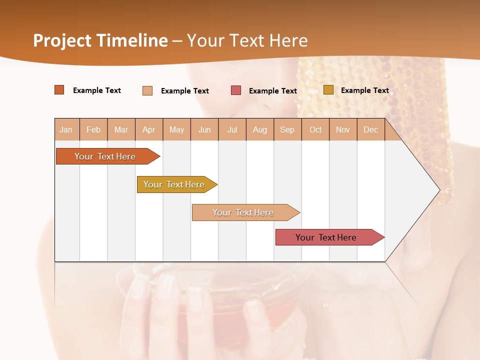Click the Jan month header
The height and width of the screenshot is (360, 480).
click(66, 129)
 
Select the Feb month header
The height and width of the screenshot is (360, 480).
click(93, 129)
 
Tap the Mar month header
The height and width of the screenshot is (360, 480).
click(121, 129)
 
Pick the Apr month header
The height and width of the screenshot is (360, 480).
click(149, 129)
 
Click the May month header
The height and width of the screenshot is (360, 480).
click(176, 129)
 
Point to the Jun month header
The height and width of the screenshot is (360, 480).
click(204, 129)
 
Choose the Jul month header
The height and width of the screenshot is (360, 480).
click(232, 129)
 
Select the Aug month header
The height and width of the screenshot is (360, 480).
click(260, 129)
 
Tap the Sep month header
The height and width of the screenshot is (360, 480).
click(287, 129)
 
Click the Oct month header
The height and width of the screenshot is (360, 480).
click(315, 129)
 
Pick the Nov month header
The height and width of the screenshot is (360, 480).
click(343, 129)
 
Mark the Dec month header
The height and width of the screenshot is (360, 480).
click(371, 129)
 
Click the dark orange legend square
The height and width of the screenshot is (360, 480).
click(59, 90)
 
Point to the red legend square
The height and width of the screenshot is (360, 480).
click(236, 90)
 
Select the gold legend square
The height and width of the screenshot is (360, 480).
click(328, 90)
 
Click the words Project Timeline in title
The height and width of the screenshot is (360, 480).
click(100, 40)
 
